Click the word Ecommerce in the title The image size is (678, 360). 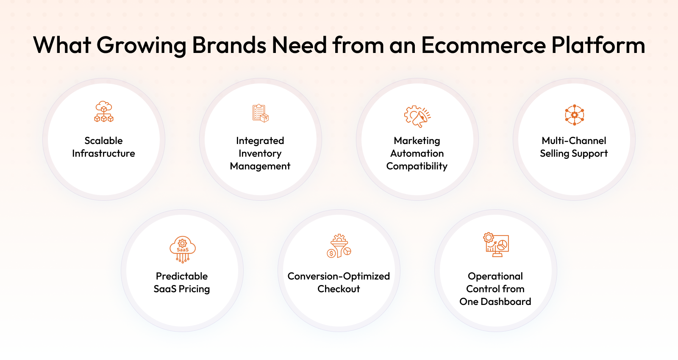pyautogui.click(x=483, y=45)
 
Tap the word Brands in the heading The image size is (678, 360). pyautogui.click(x=229, y=45)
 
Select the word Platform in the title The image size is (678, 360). pyautogui.click(x=598, y=45)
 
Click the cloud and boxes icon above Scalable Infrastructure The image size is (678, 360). pyautogui.click(x=104, y=112)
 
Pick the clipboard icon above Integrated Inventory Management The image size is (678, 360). pyautogui.click(x=261, y=114)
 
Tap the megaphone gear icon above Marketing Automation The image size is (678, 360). pyautogui.click(x=417, y=116)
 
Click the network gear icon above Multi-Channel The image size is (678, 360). pyautogui.click(x=575, y=115)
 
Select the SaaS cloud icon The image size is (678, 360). pyautogui.click(x=183, y=249)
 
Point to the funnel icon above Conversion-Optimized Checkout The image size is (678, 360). pyautogui.click(x=339, y=246)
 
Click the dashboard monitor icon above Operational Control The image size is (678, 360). pyautogui.click(x=496, y=245)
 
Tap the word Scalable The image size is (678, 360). pyautogui.click(x=103, y=141)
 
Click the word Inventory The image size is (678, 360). pyautogui.click(x=260, y=154)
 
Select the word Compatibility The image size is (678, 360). pyautogui.click(x=417, y=166)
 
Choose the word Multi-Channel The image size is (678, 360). pyautogui.click(x=574, y=141)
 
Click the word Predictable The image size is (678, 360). pyautogui.click(x=182, y=276)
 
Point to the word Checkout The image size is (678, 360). pyautogui.click(x=339, y=289)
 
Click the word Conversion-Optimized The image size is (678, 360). pyautogui.click(x=339, y=277)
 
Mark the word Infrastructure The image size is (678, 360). pyautogui.click(x=103, y=153)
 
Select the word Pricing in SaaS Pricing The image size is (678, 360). pyautogui.click(x=195, y=289)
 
